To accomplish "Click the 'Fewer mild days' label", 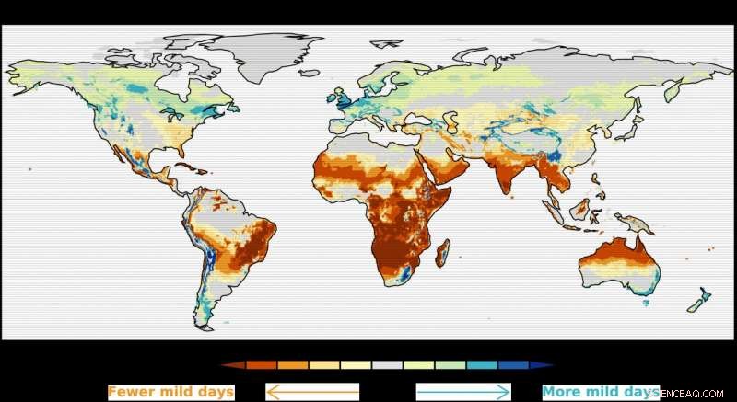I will (170, 392).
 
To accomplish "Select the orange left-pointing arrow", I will (312, 392).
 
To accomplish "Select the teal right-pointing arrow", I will (463, 392).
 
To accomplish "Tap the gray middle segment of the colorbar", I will (387, 365).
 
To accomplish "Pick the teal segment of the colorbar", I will (482, 365).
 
